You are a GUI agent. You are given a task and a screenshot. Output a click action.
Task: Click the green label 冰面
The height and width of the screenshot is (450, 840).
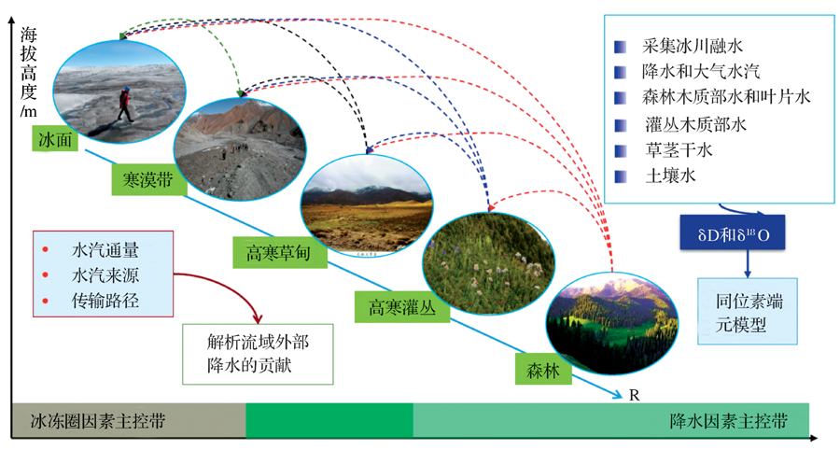coord(55,139)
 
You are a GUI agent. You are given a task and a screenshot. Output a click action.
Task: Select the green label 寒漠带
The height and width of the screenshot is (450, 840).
coord(148,179)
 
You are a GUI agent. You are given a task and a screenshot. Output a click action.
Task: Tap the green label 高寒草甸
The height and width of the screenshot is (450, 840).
coord(280,252)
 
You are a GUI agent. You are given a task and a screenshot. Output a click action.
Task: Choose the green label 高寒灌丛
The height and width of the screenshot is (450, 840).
coord(401,307)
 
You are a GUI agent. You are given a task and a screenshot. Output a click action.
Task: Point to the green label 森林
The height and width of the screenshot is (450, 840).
coord(543,369)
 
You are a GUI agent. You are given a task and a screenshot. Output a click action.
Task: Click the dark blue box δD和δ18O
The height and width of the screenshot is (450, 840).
coord(733,232)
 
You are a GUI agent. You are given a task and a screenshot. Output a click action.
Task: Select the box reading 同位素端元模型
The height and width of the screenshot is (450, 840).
coord(748,311)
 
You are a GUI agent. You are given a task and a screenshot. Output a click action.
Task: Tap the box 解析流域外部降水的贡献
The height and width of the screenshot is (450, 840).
coord(258,354)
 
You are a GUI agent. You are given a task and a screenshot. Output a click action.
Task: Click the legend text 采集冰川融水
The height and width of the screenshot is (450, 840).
coord(693,46)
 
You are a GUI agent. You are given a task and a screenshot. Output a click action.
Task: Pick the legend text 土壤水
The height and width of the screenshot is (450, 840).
coord(671,176)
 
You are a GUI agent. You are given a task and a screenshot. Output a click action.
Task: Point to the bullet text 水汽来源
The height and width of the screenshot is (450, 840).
coord(105,274)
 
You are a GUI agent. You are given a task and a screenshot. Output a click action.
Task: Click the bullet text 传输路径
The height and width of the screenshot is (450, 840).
coord(105,300)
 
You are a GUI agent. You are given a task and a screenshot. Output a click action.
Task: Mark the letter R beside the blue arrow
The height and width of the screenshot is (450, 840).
coord(635,395)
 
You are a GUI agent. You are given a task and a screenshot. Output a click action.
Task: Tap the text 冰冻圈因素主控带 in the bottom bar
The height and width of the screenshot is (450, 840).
coord(97,421)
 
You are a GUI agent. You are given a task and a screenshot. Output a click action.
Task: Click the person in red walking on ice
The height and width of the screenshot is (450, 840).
coord(125,104)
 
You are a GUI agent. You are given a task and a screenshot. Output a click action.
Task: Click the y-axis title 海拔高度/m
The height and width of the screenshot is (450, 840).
coord(28,72)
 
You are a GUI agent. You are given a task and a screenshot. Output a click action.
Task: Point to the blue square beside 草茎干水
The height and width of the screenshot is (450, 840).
coord(621,151)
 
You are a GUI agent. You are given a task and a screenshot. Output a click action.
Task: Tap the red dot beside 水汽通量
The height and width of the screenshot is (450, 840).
coord(46,249)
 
